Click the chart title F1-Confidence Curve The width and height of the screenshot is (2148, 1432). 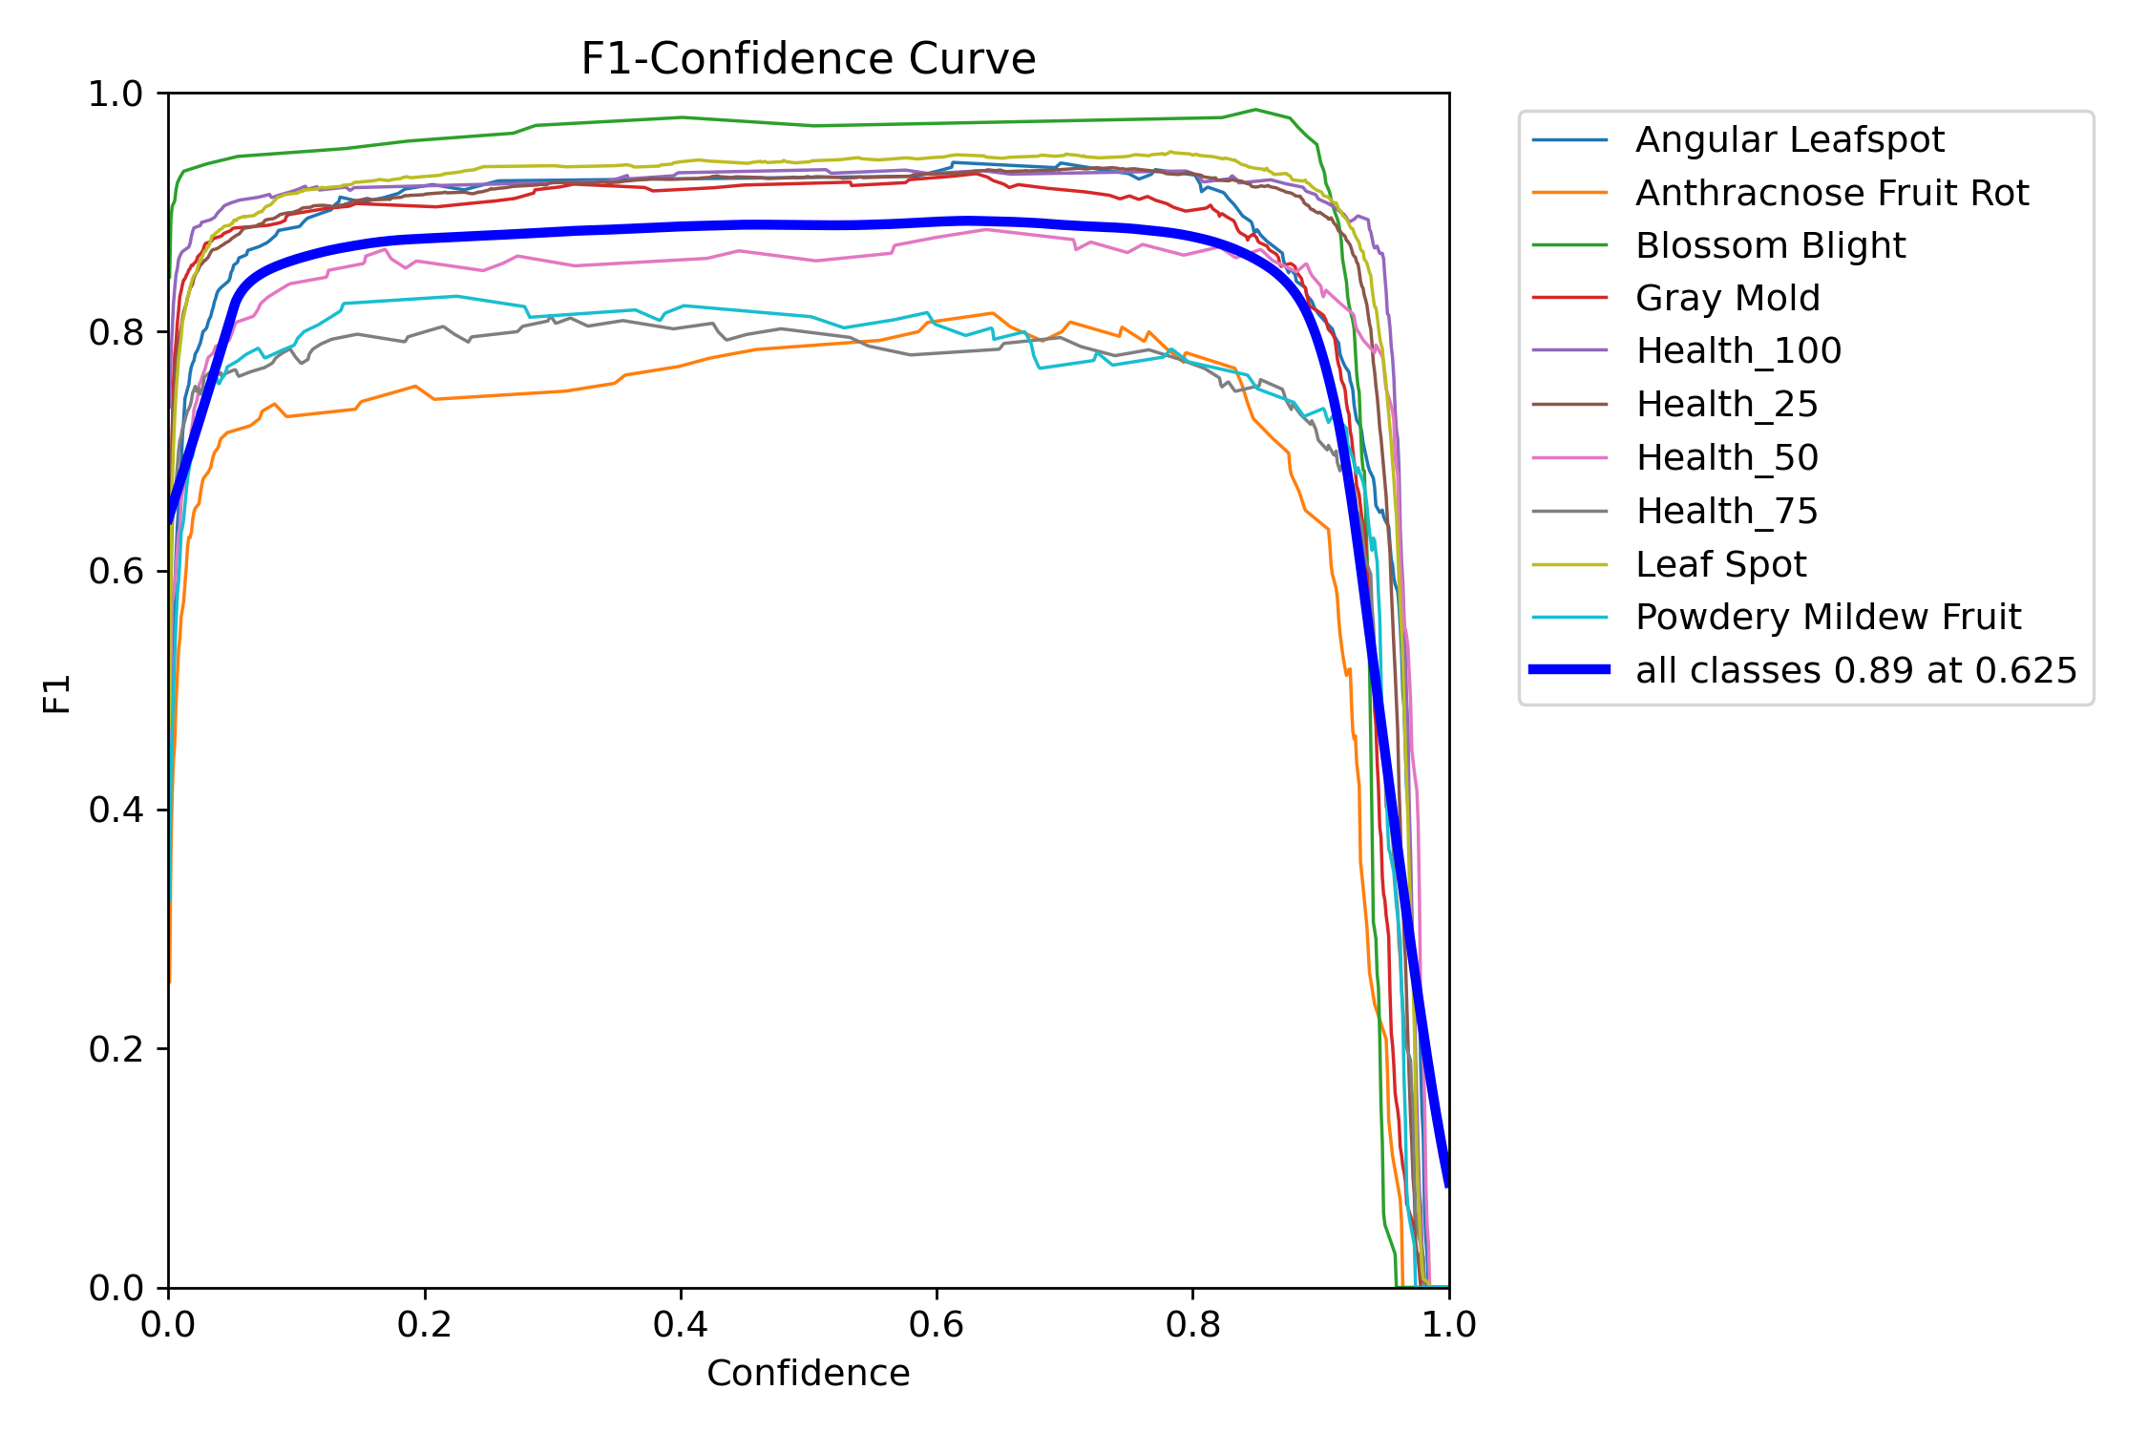coord(808,59)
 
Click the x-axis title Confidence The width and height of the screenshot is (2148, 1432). coord(808,1373)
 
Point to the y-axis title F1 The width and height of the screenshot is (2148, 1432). coord(57,694)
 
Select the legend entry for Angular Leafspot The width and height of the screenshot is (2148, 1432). coord(1789,140)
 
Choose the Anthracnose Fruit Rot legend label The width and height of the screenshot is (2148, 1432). coord(1831,194)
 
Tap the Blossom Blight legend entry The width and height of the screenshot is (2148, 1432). coord(1770,246)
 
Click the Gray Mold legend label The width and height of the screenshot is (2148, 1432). coord(1727,299)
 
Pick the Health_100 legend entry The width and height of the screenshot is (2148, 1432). coord(1737,351)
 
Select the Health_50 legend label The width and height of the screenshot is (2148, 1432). coord(1726,458)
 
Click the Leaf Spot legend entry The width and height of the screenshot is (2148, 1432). coord(1720,564)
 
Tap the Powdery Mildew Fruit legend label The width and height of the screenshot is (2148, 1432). coord(1827,618)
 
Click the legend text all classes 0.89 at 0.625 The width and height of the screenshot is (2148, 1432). coord(1855,671)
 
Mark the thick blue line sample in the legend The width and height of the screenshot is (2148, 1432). coord(1569,670)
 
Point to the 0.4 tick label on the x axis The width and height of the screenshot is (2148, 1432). coord(680,1325)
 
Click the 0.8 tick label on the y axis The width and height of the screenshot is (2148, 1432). coord(115,333)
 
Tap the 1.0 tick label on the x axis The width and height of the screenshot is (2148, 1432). coord(1448,1325)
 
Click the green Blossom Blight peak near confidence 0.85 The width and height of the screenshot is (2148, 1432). coord(1255,110)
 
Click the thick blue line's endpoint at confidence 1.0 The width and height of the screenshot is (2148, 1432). coord(1447,1184)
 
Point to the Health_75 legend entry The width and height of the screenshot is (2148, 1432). coord(1726,512)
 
